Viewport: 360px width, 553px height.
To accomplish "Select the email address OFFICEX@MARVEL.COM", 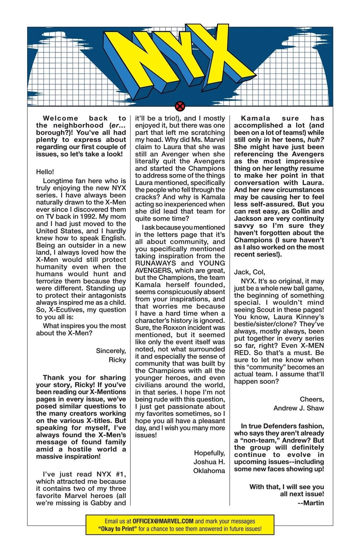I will tap(163, 521).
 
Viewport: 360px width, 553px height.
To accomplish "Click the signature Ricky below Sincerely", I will tap(117, 360).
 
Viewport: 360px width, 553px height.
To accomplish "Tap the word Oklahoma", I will tap(209, 471).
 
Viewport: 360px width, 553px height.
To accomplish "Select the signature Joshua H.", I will tap(209, 462).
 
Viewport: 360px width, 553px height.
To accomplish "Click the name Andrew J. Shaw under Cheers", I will tap(298, 408).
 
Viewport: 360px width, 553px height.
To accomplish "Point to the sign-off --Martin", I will tap(311, 503).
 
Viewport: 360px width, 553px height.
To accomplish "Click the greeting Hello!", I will tap(45, 172).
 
